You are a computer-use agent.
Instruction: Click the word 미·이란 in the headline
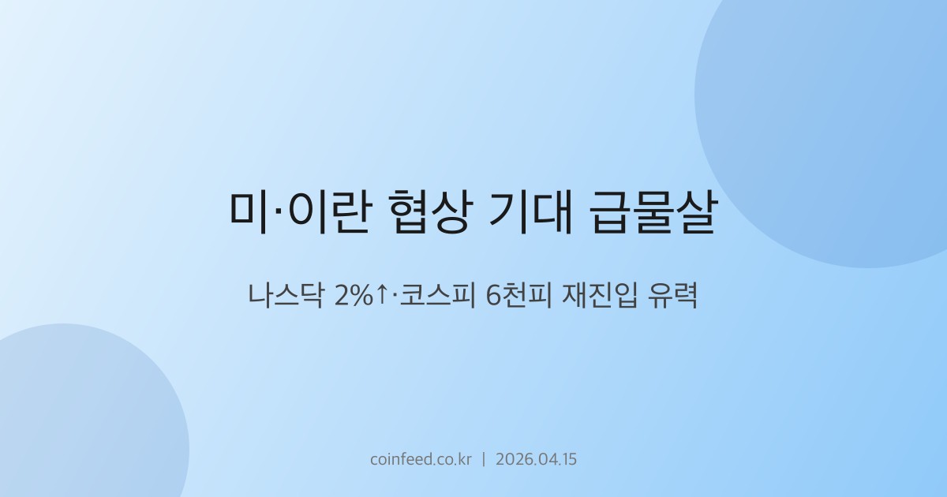point(299,212)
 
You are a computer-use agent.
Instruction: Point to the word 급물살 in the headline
point(653,212)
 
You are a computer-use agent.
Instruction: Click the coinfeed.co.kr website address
point(421,459)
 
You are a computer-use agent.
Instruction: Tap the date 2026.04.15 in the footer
point(536,459)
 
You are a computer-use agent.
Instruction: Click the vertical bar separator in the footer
point(483,459)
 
